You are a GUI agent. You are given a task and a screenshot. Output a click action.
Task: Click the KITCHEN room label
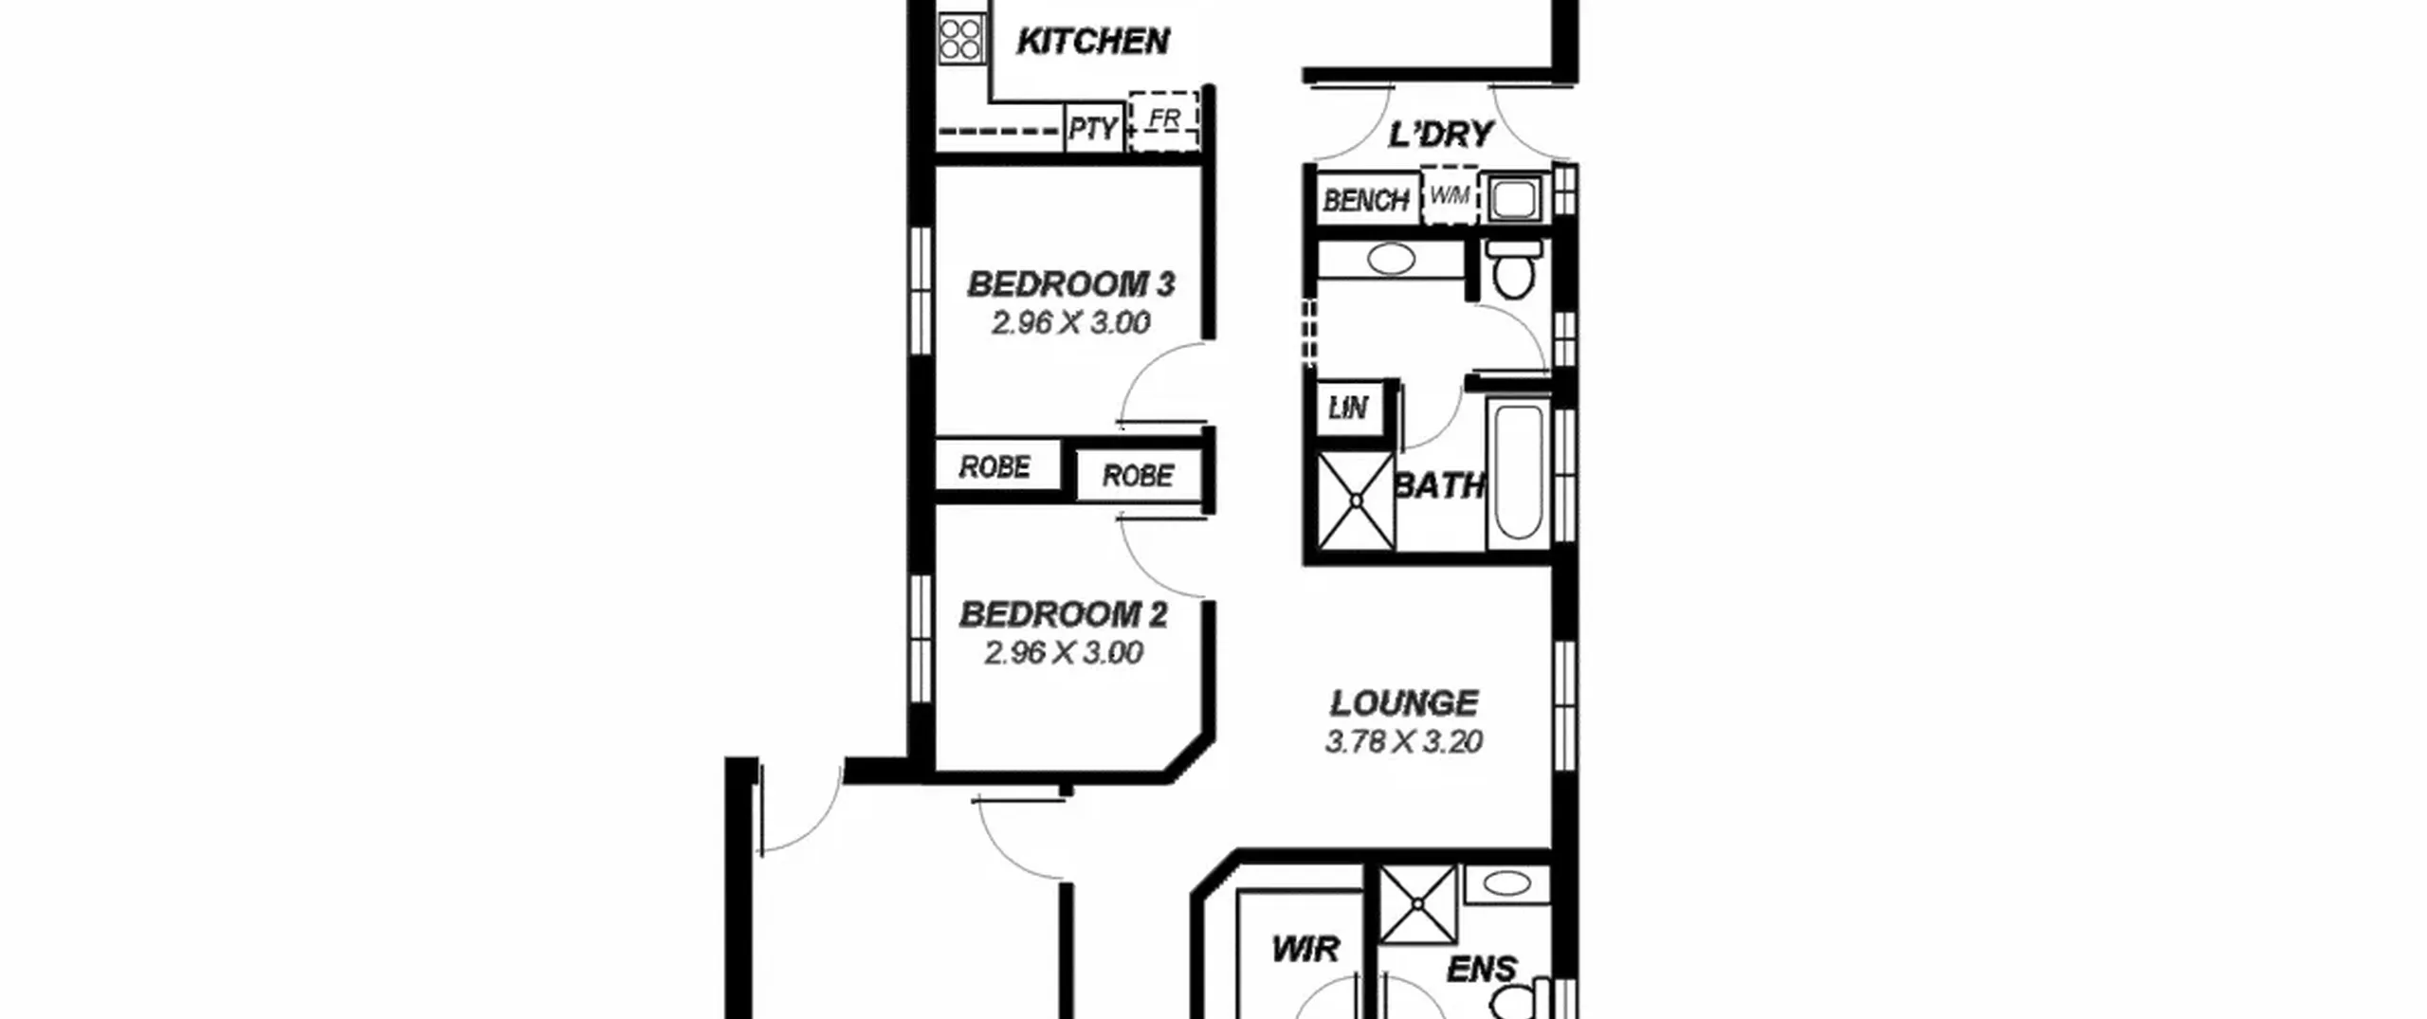pyautogui.click(x=1092, y=42)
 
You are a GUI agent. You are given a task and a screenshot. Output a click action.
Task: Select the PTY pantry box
pyautogui.click(x=1093, y=128)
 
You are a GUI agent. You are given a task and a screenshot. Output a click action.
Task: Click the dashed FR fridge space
pyautogui.click(x=1164, y=121)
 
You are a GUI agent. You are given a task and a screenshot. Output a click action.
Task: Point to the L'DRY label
pyautogui.click(x=1440, y=135)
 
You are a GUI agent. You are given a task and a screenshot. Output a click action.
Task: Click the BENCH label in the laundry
pyautogui.click(x=1366, y=200)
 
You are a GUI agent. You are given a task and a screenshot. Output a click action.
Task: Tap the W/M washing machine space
pyautogui.click(x=1450, y=196)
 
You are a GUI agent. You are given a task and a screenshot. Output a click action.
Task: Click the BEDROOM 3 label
pyautogui.click(x=1070, y=283)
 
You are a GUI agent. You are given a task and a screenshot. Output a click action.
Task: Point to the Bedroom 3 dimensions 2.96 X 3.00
pyautogui.click(x=1070, y=323)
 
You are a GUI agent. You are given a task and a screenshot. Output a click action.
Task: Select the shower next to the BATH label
pyautogui.click(x=1356, y=500)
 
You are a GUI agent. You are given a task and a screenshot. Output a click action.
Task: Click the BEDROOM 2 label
pyautogui.click(x=1064, y=614)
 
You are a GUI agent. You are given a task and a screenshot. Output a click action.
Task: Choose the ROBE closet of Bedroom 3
pyautogui.click(x=995, y=466)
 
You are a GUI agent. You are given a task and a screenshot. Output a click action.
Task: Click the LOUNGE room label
pyautogui.click(x=1404, y=703)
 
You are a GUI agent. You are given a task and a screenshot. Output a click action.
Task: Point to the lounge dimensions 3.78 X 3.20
pyautogui.click(x=1404, y=741)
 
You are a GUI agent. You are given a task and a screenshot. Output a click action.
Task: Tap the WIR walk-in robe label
pyautogui.click(x=1305, y=949)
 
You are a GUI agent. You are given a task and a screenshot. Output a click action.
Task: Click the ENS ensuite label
pyautogui.click(x=1482, y=969)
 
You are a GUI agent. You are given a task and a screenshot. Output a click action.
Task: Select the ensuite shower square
pyautogui.click(x=1416, y=904)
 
